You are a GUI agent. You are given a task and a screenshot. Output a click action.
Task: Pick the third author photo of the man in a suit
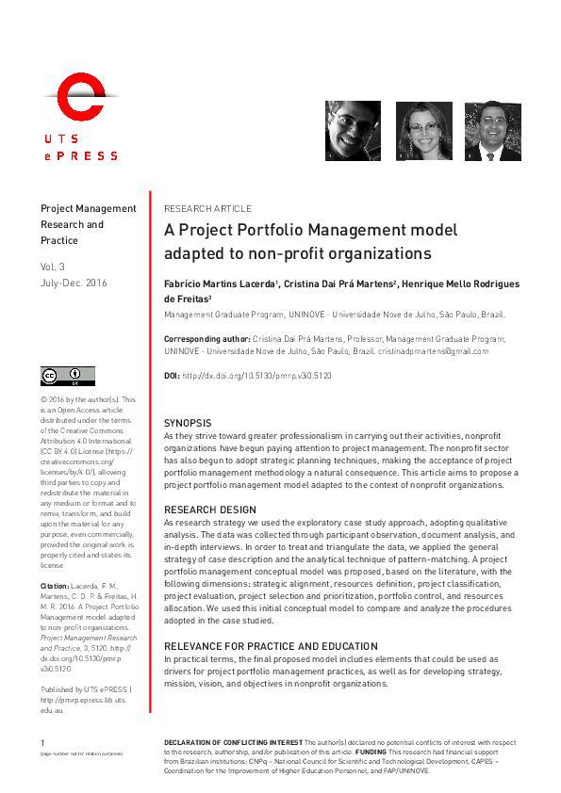(x=493, y=131)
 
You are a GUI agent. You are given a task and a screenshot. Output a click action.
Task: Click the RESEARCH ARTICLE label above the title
(x=207, y=208)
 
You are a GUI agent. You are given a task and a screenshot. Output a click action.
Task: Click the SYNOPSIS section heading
(x=188, y=424)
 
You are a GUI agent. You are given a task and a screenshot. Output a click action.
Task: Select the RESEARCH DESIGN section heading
(x=208, y=510)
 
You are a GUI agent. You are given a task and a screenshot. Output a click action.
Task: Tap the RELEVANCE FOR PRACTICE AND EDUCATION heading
(x=271, y=646)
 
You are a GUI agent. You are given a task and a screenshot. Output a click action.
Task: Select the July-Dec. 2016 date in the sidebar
(x=74, y=283)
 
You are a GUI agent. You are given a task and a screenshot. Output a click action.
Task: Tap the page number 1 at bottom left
(x=42, y=743)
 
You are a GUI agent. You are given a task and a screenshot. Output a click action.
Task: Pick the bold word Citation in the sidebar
(x=55, y=586)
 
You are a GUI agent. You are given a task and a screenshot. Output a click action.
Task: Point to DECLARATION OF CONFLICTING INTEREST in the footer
(x=233, y=743)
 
